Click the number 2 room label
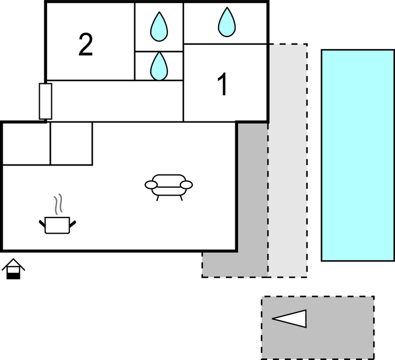(x=86, y=45)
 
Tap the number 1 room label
(x=223, y=85)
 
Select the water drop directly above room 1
(x=227, y=22)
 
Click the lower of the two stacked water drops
(x=159, y=65)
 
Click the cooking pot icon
(x=57, y=225)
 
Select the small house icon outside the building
(x=13, y=268)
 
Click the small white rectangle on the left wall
(x=45, y=101)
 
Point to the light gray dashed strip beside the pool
(x=287, y=160)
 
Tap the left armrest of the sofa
(x=151, y=185)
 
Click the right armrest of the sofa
(x=187, y=184)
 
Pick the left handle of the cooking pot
(x=42, y=223)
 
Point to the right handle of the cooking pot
(x=72, y=223)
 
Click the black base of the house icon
(x=13, y=274)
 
